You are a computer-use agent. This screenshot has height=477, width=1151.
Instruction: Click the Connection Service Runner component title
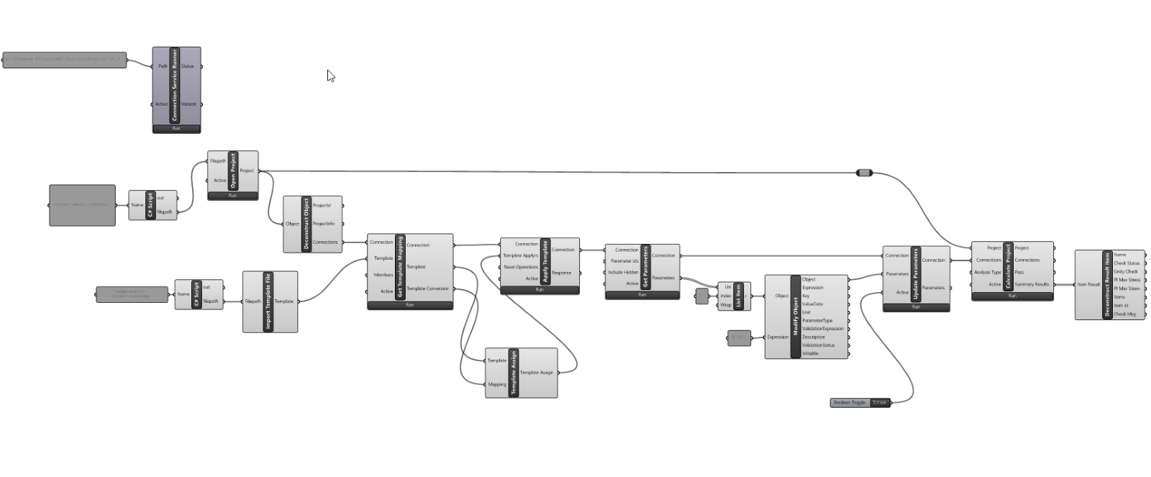173,85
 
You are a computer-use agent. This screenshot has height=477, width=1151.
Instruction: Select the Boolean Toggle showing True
860,402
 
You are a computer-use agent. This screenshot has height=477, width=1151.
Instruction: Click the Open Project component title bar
233,171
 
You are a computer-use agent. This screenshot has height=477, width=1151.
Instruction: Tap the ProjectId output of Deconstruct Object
322,206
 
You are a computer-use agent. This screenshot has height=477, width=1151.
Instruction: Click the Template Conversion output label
427,289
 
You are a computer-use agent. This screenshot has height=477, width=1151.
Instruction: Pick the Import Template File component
268,301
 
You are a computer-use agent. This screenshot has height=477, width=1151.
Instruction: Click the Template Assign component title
513,373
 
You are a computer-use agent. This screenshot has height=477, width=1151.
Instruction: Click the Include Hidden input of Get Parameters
623,272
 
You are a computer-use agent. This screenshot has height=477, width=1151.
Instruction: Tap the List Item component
738,296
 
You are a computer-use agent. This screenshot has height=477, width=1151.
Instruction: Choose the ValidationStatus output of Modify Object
819,345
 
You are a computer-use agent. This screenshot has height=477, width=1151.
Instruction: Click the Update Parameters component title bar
916,274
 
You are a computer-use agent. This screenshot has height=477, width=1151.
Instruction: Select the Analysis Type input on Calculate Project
987,272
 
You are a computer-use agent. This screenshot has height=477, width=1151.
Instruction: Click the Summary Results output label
1032,284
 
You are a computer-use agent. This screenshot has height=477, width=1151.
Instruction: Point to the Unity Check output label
1126,271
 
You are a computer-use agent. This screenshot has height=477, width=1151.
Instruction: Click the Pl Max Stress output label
1127,280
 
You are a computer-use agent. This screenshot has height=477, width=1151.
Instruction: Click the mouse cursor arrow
330,76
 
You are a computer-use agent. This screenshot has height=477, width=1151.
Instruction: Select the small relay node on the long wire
865,173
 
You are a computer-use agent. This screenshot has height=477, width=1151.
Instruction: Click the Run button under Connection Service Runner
176,129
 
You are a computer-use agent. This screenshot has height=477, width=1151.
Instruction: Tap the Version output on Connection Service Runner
188,104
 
